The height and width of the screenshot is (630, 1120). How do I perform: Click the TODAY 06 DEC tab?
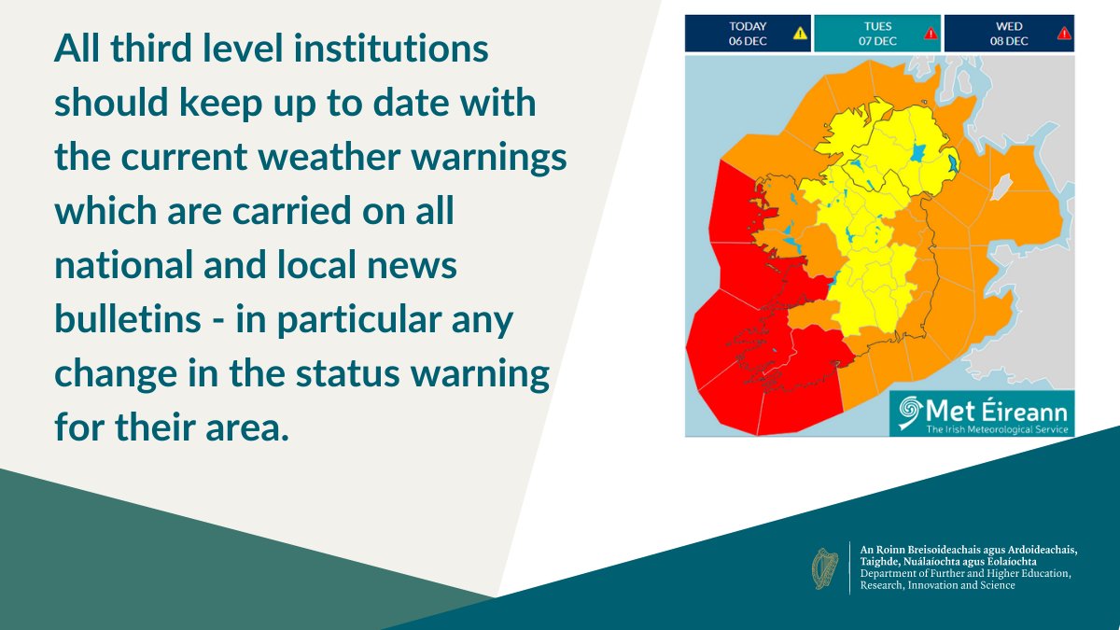coord(747,33)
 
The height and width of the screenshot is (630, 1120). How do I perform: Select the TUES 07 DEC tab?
coord(876,33)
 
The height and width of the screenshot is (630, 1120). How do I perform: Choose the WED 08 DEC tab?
coord(1008,33)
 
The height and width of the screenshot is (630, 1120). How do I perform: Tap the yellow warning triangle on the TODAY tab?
coord(800,34)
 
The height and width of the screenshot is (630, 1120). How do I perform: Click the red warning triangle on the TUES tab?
coord(931,34)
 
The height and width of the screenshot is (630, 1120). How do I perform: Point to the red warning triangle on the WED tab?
coord(1063,34)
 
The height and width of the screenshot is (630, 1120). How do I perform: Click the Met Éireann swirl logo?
coord(908,413)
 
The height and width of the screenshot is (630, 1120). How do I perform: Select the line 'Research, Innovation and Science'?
coord(937,585)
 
